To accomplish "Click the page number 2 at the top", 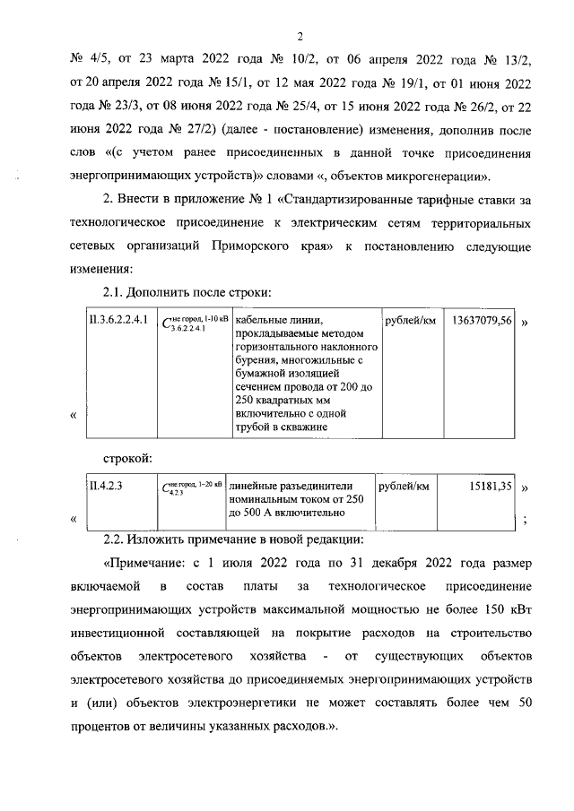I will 300,36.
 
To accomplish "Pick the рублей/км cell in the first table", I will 408,320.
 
